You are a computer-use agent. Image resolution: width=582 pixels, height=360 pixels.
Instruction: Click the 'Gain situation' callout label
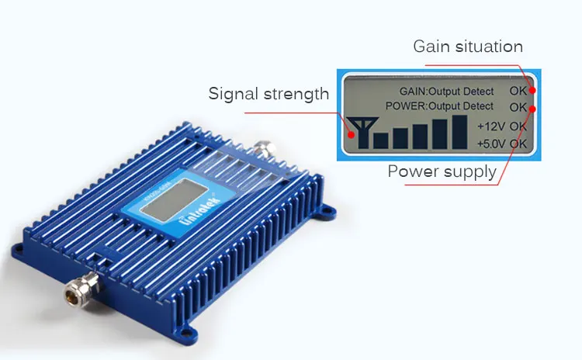467,47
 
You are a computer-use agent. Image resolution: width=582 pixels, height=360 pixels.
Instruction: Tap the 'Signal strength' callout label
268,95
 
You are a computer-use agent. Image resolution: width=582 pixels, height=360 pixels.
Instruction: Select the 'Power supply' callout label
442,171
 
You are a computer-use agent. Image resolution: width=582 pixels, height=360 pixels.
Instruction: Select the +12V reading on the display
491,126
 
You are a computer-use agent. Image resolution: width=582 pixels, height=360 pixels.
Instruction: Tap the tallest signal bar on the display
460,132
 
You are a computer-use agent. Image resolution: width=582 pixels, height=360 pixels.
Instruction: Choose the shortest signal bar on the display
381,141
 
